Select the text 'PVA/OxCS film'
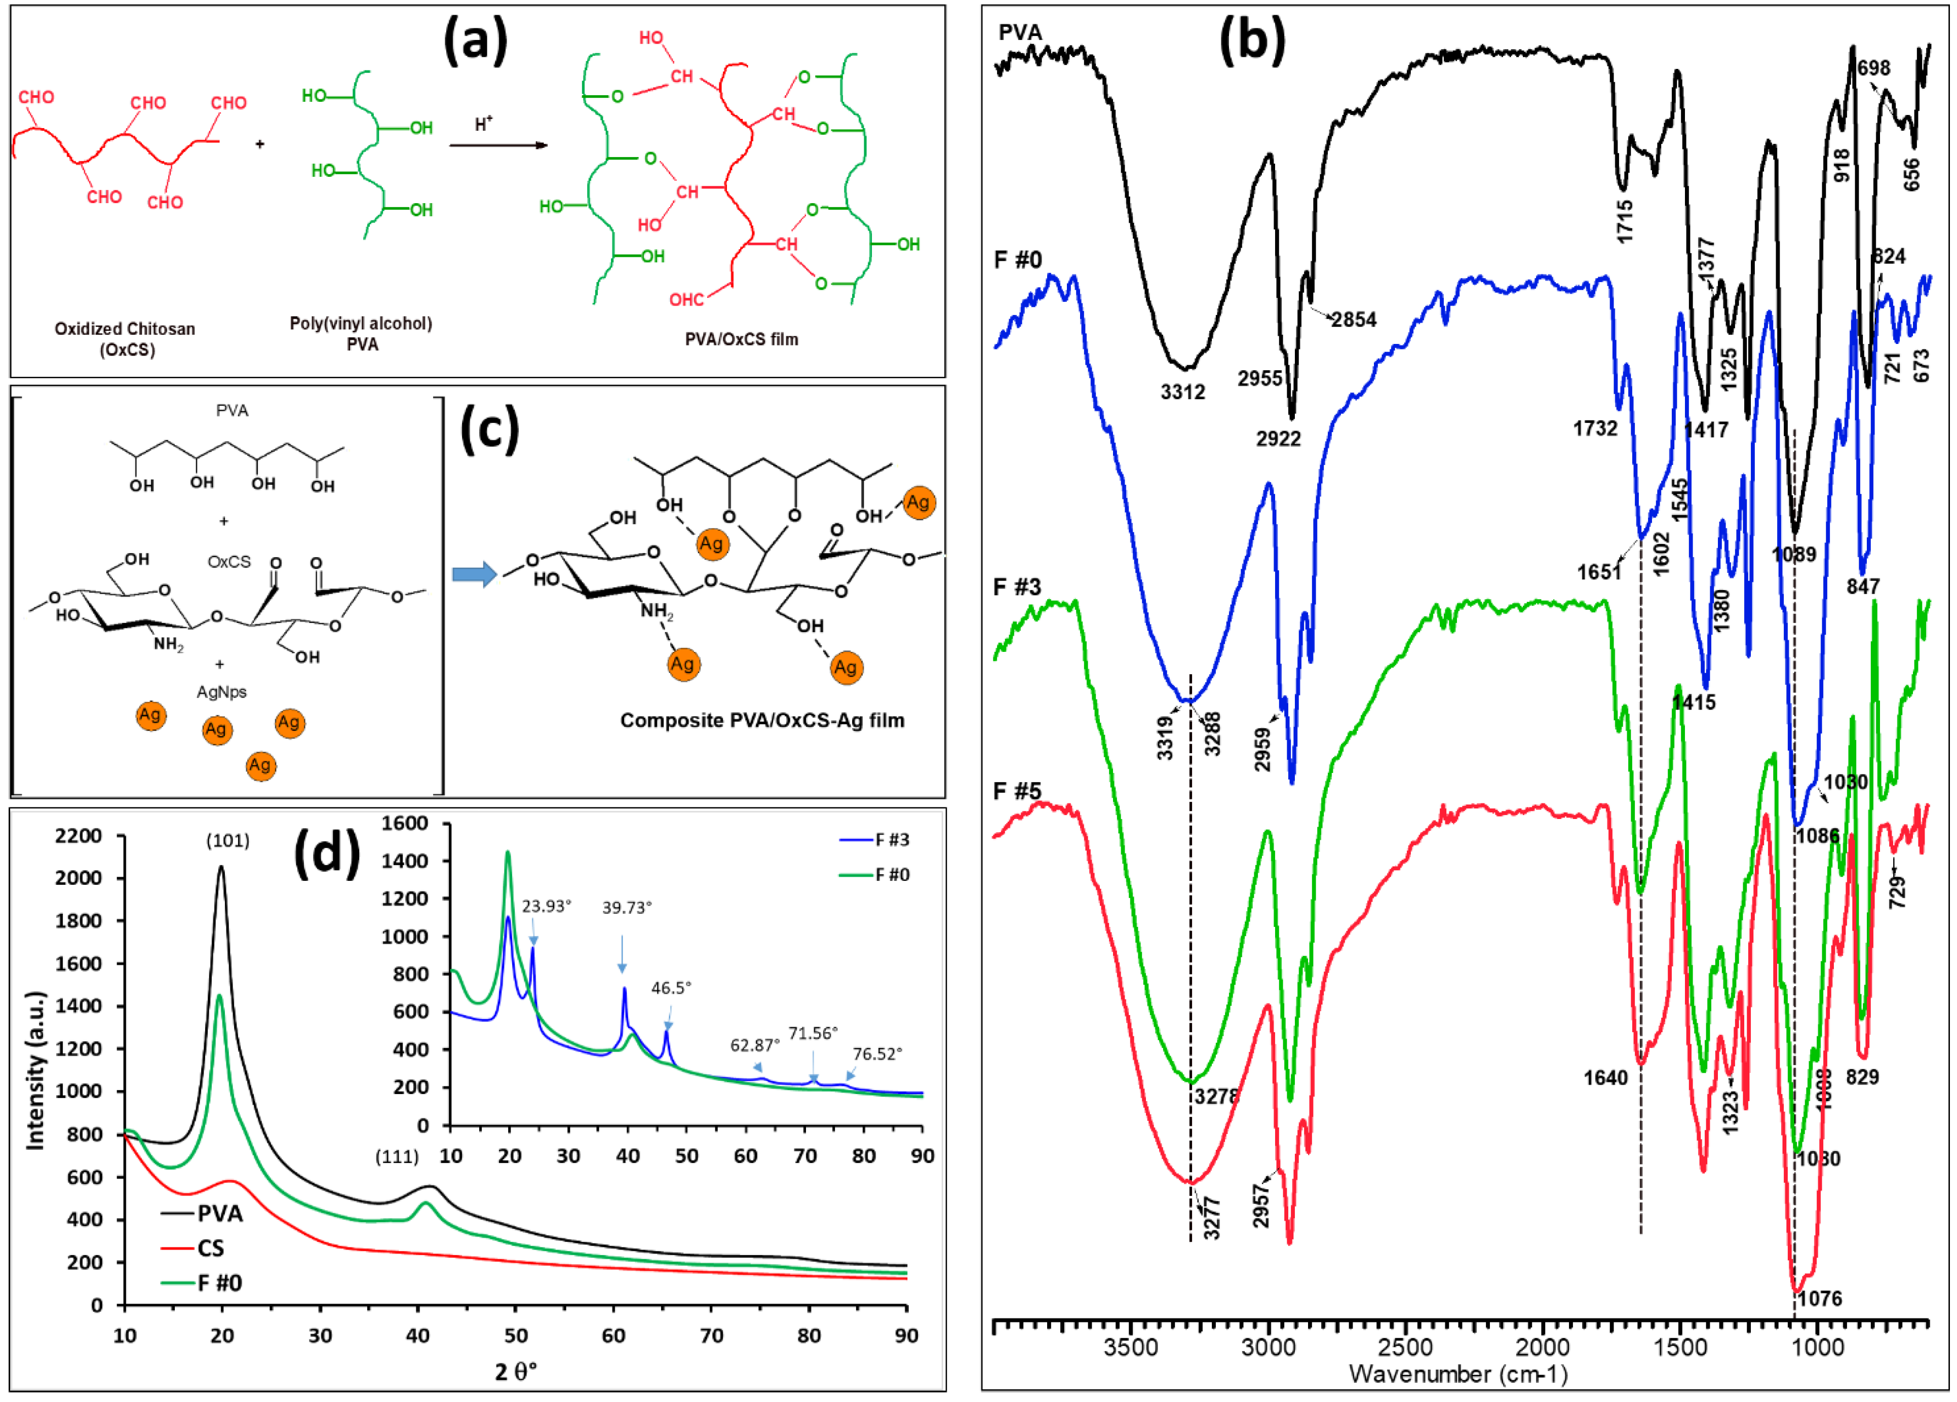741,339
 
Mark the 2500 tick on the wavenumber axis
1405,1348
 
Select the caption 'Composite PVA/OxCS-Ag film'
762,720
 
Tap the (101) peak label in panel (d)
228,840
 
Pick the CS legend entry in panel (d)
210,1248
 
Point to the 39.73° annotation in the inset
627,907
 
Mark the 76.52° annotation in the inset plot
877,1054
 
